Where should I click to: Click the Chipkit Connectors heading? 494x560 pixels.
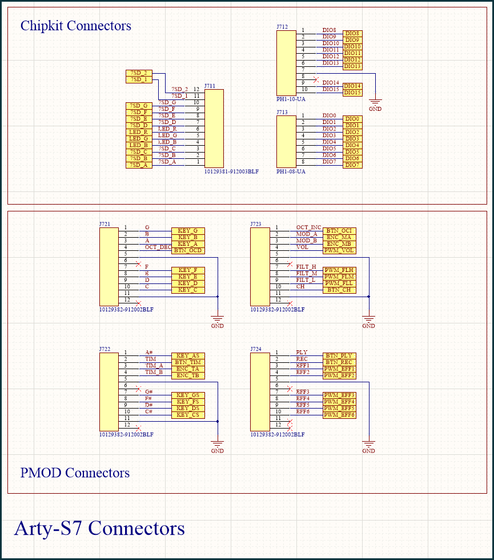click(75, 26)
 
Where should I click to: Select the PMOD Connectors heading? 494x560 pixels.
click(75, 473)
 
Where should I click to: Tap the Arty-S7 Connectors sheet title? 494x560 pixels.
click(99, 528)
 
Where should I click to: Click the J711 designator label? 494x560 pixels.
click(210, 86)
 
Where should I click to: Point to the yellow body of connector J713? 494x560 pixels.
click(286, 142)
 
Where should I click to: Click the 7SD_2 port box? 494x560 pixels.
click(139, 73)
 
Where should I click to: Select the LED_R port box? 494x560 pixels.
click(139, 132)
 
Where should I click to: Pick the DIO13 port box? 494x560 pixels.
click(352, 66)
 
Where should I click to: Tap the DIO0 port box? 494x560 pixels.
click(352, 119)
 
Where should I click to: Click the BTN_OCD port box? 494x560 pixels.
click(188, 251)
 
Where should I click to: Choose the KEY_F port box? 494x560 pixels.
click(188, 270)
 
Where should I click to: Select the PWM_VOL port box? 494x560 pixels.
click(339, 251)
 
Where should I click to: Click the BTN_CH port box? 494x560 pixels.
click(339, 290)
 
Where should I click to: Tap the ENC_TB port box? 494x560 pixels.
click(188, 376)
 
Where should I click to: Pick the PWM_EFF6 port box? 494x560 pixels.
click(339, 415)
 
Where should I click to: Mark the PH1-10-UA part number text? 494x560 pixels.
click(291, 99)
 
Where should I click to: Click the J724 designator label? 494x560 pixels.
click(256, 349)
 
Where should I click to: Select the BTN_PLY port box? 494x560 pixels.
click(339, 356)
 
